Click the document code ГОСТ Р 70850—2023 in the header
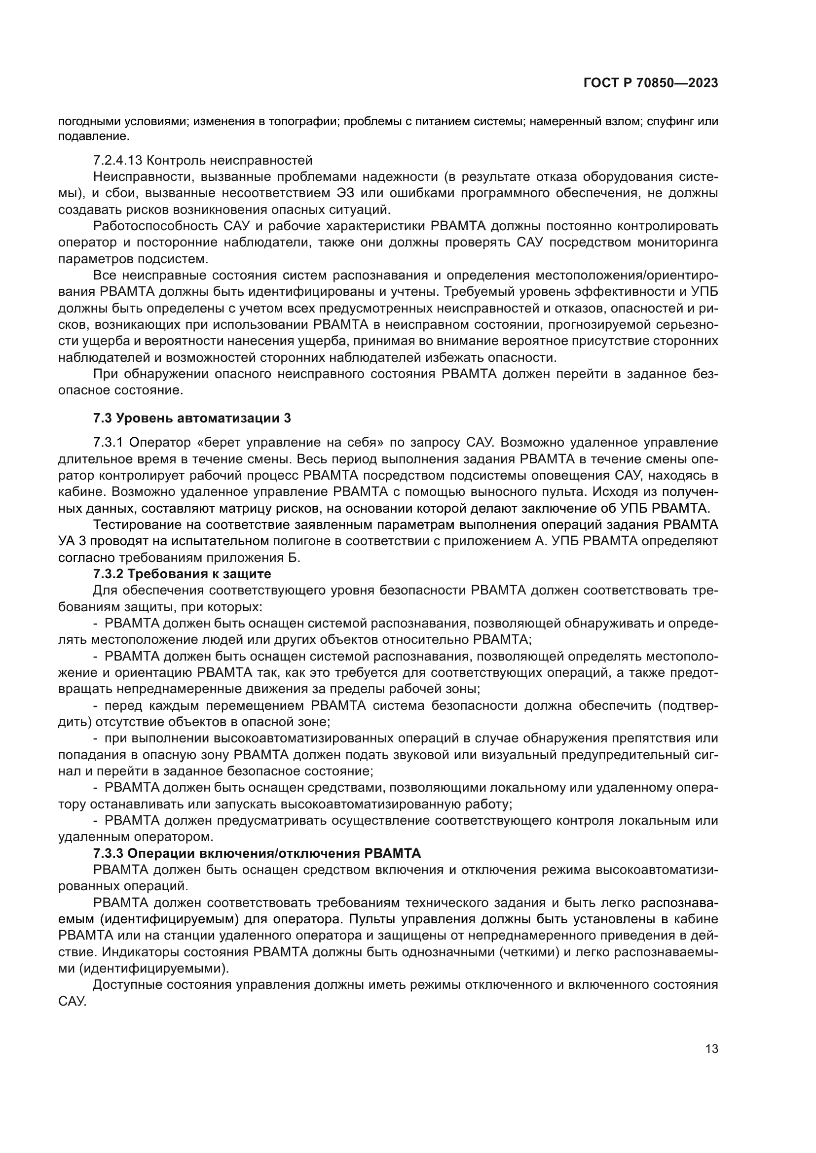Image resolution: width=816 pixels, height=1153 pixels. click(x=650, y=83)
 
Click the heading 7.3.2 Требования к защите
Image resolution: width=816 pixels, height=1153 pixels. click(x=182, y=573)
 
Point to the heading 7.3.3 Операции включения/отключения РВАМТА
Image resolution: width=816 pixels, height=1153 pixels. click(x=257, y=853)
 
